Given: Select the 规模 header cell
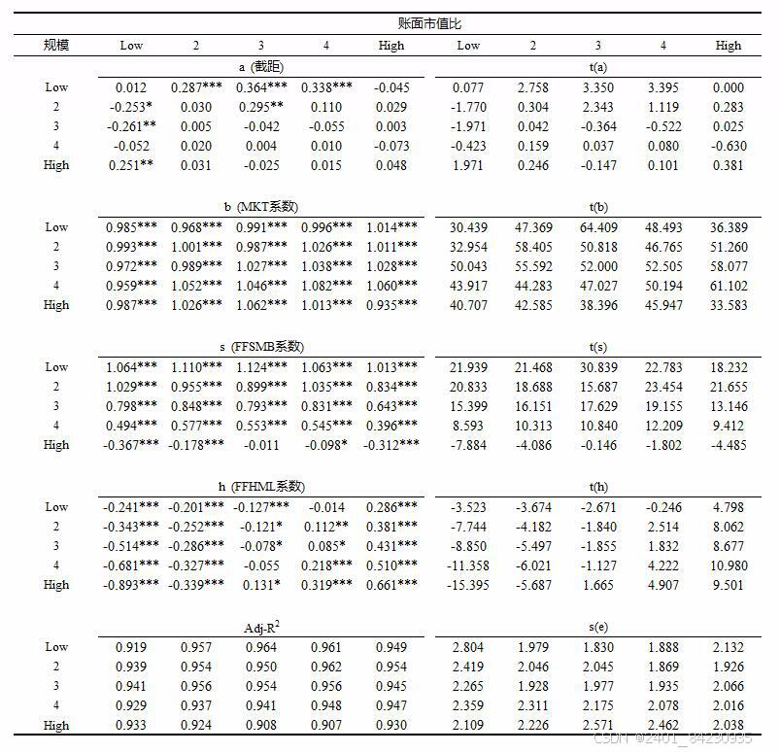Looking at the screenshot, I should coord(56,45).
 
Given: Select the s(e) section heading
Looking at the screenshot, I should coord(597,627).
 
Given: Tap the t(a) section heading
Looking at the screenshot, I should coord(597,67).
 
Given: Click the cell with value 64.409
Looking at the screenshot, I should coord(597,227).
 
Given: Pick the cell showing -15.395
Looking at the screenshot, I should coord(468,585).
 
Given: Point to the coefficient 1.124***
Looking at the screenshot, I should coord(262,367).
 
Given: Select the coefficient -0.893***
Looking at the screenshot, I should coord(132,585).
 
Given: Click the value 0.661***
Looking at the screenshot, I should coord(392,585).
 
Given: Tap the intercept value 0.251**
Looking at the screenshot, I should coord(132,165).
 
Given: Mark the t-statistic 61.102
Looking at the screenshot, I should coord(729,286).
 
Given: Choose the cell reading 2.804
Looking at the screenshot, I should coord(468,647).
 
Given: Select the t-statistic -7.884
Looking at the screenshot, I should coord(468,445).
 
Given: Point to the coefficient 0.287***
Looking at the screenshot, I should coord(197,87).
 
